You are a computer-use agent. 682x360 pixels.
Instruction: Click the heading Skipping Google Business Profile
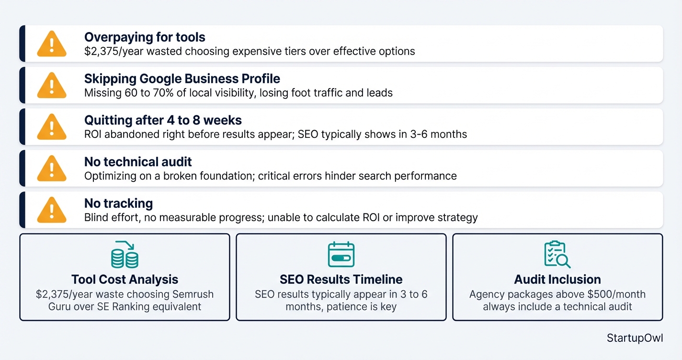182,79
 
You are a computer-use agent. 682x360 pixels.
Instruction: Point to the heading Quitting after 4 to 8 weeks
163,120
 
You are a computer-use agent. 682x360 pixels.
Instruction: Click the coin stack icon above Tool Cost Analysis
125,255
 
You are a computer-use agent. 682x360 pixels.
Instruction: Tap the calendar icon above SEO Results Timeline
341,255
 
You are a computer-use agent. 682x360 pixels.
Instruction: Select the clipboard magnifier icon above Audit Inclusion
557,255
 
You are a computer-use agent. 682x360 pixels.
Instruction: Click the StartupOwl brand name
635,338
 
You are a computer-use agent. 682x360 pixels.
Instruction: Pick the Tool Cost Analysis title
125,280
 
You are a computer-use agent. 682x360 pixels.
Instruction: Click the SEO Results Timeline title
341,280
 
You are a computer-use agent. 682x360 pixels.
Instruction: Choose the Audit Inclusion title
557,280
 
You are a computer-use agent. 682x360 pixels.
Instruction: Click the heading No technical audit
138,162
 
